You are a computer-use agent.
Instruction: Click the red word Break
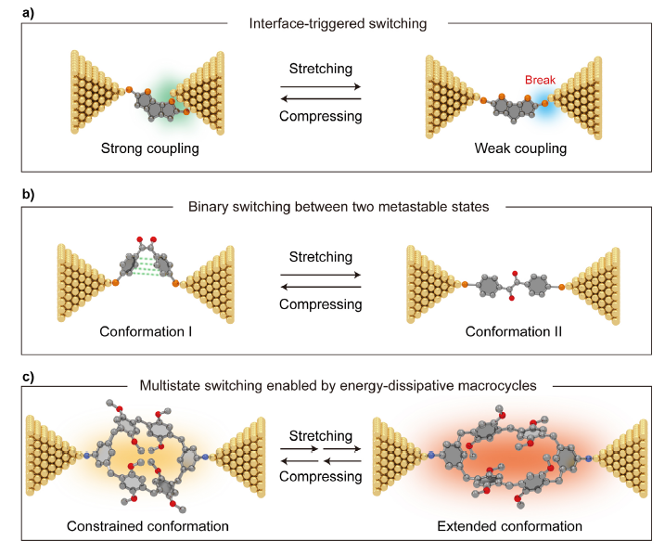pyautogui.click(x=541, y=80)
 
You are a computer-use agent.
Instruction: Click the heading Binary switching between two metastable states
pyautogui.click(x=332, y=207)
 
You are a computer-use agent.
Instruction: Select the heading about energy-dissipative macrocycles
pyautogui.click(x=332, y=385)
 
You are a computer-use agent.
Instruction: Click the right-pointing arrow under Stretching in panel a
pyautogui.click(x=320, y=85)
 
